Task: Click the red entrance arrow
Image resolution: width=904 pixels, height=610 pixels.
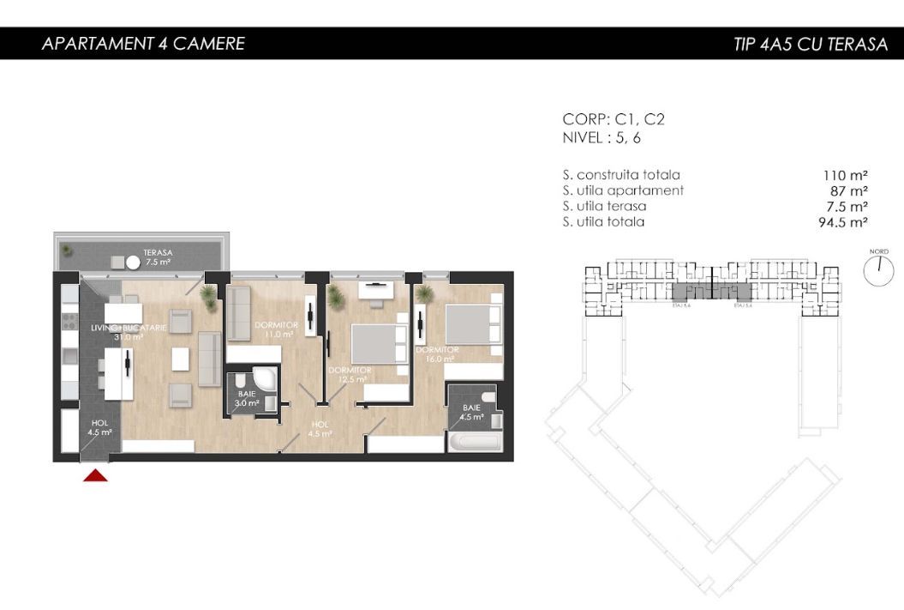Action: (x=95, y=474)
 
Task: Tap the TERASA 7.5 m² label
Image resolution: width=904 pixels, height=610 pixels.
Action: (x=158, y=257)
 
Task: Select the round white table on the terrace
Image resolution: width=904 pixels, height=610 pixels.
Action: (x=133, y=263)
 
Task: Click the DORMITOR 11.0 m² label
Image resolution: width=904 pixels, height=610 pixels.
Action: (x=276, y=329)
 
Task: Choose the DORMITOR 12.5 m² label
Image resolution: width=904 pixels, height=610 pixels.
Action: (x=350, y=374)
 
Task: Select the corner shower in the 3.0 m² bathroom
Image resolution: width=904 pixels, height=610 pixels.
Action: (x=265, y=381)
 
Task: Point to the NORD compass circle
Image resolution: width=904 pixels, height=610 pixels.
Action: (x=878, y=271)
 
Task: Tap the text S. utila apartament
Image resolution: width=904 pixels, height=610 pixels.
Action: (x=623, y=190)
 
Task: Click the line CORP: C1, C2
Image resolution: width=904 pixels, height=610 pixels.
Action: (x=614, y=120)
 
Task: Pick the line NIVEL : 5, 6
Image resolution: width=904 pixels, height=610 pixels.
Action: (x=602, y=137)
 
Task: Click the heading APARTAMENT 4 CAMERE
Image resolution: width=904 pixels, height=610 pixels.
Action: (x=143, y=44)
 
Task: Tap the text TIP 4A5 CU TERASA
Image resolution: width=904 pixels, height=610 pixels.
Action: (x=810, y=45)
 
